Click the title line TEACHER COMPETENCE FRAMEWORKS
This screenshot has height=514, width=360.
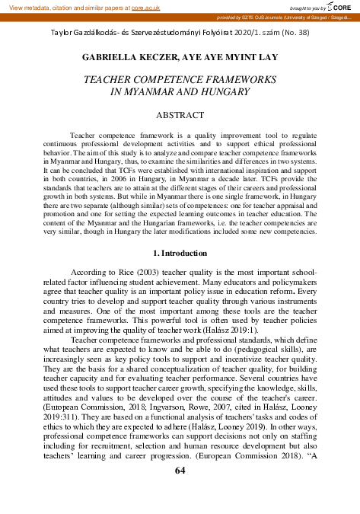(x=180, y=79)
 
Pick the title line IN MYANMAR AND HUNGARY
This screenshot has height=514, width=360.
(x=180, y=92)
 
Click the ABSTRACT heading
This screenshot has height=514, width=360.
(x=180, y=115)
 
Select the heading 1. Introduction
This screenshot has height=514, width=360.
(x=180, y=253)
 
